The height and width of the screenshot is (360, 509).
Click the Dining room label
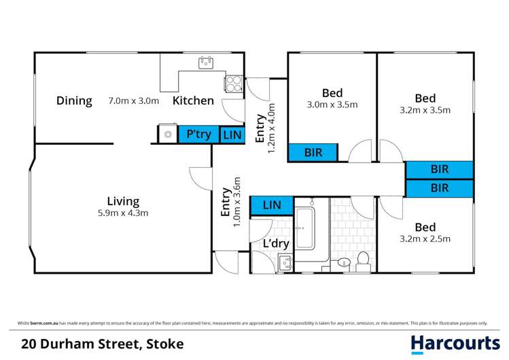click(x=74, y=101)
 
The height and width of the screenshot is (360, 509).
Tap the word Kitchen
click(x=193, y=101)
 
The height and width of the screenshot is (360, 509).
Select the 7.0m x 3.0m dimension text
click(x=134, y=101)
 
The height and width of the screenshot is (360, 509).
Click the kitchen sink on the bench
click(x=206, y=63)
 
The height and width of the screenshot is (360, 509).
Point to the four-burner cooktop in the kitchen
click(x=234, y=83)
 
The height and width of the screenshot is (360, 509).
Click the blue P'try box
click(x=198, y=134)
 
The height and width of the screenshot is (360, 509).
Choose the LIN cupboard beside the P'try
click(x=232, y=135)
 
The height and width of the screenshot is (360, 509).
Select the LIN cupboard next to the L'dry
click(x=272, y=204)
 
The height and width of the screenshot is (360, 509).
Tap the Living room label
click(x=123, y=201)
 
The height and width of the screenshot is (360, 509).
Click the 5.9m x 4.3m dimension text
click(x=123, y=213)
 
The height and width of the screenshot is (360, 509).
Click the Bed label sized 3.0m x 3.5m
click(x=332, y=92)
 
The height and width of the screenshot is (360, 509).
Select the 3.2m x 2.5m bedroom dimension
click(x=426, y=238)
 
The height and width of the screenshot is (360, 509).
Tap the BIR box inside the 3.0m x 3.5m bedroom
click(x=313, y=153)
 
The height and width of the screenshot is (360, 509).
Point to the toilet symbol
click(x=363, y=259)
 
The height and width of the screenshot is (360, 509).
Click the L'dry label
click(x=275, y=244)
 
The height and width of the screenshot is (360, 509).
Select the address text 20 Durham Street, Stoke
click(x=103, y=344)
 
